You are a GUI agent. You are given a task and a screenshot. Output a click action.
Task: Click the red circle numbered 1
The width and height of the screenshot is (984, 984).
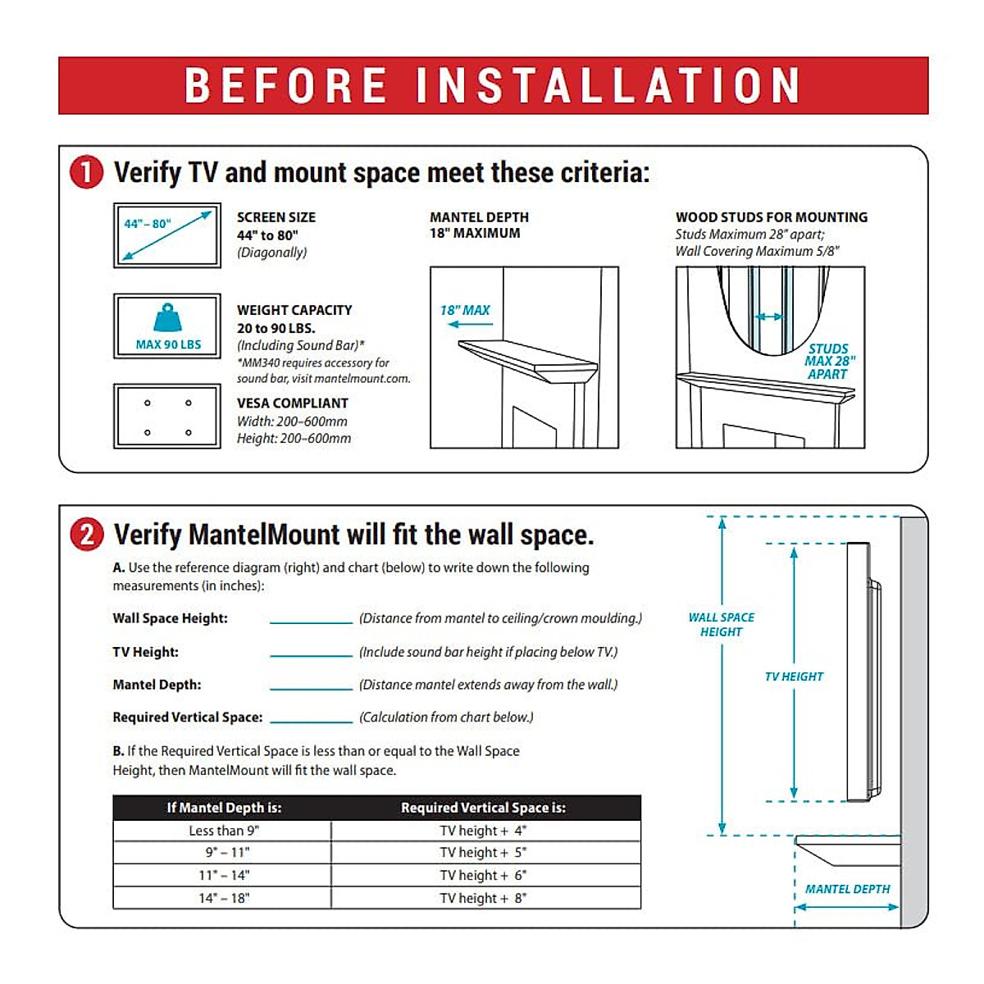click(87, 173)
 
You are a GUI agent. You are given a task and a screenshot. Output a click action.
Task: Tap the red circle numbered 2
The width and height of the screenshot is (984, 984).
click(87, 535)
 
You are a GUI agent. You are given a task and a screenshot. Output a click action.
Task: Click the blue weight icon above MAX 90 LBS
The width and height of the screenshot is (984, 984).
click(167, 318)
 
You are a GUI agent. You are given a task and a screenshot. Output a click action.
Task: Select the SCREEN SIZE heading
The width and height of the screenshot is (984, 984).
click(276, 217)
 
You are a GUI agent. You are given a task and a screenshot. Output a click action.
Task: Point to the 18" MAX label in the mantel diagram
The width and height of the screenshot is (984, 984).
click(464, 311)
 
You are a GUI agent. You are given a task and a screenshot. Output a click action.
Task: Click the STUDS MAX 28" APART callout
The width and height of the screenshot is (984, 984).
click(828, 362)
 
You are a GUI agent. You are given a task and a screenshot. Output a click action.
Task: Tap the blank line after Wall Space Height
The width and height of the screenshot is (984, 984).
click(311, 622)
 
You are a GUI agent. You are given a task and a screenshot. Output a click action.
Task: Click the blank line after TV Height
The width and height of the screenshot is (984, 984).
click(311, 654)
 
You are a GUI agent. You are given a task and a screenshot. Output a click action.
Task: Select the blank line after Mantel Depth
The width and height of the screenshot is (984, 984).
click(311, 687)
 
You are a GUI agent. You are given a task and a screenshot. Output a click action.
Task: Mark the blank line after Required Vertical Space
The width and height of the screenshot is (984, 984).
click(311, 720)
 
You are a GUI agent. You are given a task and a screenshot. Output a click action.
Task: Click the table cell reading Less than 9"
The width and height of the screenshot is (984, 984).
click(223, 831)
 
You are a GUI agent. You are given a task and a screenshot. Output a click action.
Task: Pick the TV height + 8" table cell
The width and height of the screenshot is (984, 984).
click(484, 898)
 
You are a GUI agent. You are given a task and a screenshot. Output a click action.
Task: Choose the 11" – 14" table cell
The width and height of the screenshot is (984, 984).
click(223, 875)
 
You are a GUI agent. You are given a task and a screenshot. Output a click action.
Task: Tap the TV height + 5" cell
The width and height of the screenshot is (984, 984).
click(484, 853)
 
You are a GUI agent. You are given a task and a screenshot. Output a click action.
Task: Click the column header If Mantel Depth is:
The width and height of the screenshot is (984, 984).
click(223, 808)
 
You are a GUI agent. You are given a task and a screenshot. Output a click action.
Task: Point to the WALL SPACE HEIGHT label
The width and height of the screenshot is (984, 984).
click(721, 625)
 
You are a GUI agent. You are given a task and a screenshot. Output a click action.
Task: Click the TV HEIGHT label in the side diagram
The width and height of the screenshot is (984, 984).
click(794, 676)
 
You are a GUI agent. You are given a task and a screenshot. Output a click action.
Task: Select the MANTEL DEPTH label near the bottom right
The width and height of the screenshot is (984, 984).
click(847, 889)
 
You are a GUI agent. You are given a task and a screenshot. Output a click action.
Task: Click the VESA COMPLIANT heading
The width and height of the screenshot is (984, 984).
click(292, 403)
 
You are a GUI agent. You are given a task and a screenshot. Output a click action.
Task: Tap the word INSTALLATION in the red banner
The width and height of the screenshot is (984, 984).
click(608, 85)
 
